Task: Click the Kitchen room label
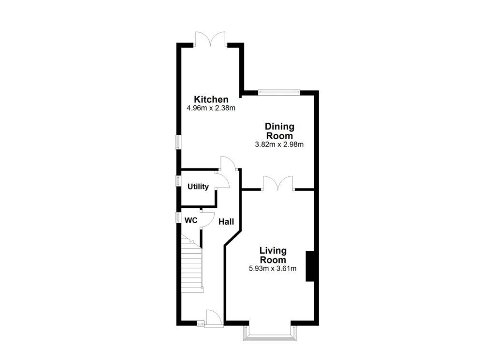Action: pyautogui.click(x=211, y=100)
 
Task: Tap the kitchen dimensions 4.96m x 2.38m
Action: pyautogui.click(x=211, y=108)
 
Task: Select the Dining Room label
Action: pyautogui.click(x=279, y=131)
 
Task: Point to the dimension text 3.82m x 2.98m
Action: pyautogui.click(x=279, y=144)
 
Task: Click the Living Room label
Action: pyautogui.click(x=273, y=255)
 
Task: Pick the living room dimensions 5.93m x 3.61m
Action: pyautogui.click(x=273, y=268)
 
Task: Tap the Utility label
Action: pyautogui.click(x=198, y=187)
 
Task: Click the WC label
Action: pyautogui.click(x=191, y=220)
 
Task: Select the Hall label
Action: pyautogui.click(x=226, y=222)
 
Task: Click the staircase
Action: pyautogui.click(x=192, y=266)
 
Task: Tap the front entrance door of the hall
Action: pyautogui.click(x=213, y=318)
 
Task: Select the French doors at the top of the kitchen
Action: pyautogui.click(x=210, y=39)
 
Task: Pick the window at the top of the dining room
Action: pyautogui.click(x=279, y=92)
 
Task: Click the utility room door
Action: pyautogui.click(x=222, y=182)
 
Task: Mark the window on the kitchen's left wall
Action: pyautogui.click(x=178, y=142)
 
